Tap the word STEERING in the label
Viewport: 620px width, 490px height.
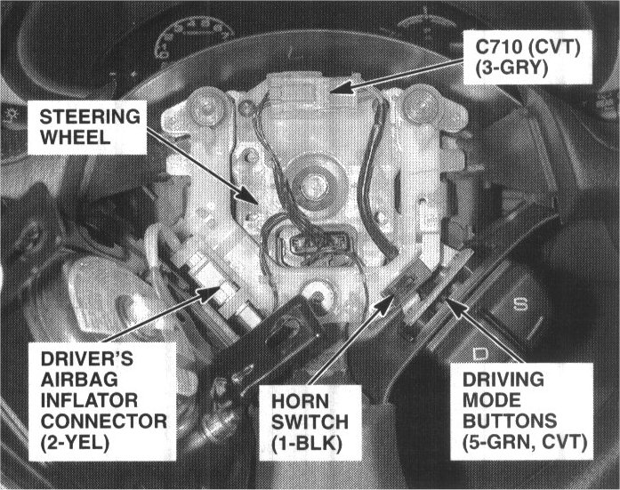click(x=90, y=117)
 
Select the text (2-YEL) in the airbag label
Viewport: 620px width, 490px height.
click(x=75, y=443)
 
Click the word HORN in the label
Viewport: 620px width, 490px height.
click(x=300, y=401)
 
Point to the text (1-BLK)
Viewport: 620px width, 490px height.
click(x=307, y=444)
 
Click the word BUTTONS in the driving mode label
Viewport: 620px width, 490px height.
click(x=510, y=422)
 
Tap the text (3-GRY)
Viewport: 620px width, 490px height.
click(x=511, y=68)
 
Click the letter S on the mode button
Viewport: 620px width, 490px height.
click(x=520, y=304)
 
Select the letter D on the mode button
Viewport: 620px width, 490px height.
click(x=481, y=354)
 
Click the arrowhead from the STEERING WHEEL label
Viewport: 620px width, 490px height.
click(x=250, y=196)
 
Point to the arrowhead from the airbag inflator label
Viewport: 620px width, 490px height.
click(x=210, y=293)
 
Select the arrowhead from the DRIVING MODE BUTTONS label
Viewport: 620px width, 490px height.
click(x=455, y=309)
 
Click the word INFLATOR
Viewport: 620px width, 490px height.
click(x=89, y=400)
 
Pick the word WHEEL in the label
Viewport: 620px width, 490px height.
click(x=75, y=138)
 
